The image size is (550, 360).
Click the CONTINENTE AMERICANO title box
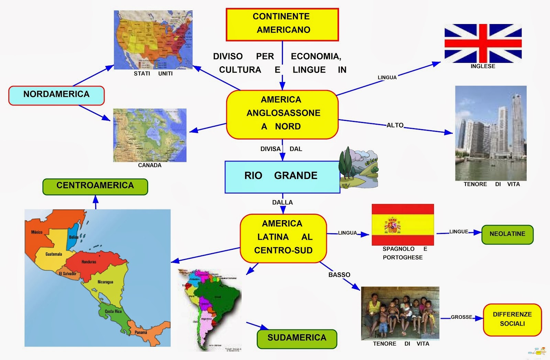[x=282, y=24]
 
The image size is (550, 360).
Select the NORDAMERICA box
[x=56, y=95]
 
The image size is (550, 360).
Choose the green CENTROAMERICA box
[x=95, y=186]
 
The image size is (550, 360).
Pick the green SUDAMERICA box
[x=297, y=339]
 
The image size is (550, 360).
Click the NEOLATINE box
[x=507, y=235]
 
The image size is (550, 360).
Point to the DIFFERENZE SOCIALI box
[x=512, y=319]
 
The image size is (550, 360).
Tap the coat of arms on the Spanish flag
[x=392, y=225]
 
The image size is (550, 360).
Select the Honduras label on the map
[x=89, y=262]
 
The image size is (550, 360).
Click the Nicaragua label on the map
[x=105, y=282]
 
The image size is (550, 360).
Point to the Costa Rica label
[x=113, y=311]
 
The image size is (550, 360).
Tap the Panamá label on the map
[x=141, y=332]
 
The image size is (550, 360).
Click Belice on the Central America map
[x=74, y=237]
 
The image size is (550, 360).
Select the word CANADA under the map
[x=150, y=165]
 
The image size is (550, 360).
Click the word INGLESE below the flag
[x=483, y=66]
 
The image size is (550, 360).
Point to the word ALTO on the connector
[x=395, y=125]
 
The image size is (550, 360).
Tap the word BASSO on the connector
[x=339, y=275]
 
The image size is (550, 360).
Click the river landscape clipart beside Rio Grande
[x=359, y=168]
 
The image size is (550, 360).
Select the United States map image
[x=153, y=40]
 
